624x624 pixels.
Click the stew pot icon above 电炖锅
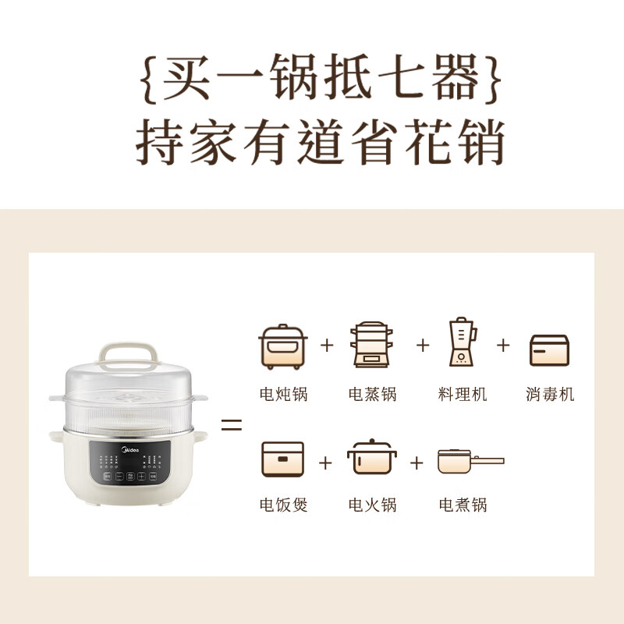pos(283,346)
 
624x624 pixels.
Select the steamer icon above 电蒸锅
pos(372,344)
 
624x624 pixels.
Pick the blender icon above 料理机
pos(462,342)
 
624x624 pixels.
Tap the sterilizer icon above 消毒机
pos(549,349)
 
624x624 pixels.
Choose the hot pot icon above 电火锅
pos(371,459)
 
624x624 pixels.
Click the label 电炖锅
pos(283,394)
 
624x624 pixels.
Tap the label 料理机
pos(462,394)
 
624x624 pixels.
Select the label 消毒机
pos(549,394)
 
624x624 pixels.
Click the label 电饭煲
pos(283,505)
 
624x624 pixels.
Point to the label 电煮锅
pos(462,505)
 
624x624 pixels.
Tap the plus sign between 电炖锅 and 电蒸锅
pos(327,344)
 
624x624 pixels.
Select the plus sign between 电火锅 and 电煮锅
pos(417,462)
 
